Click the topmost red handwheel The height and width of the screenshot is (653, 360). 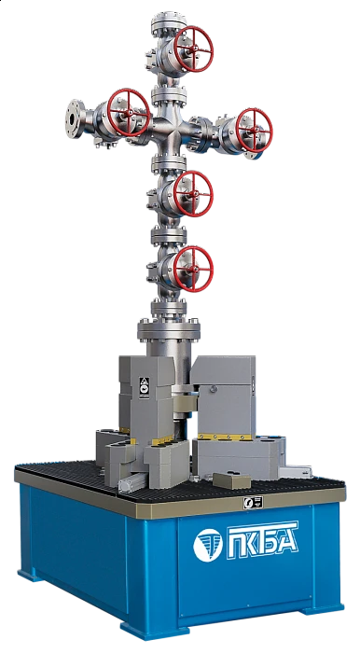[193, 49]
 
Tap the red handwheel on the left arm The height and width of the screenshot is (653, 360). [129, 113]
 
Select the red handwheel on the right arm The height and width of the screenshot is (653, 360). [254, 130]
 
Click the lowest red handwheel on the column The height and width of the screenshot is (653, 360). [193, 269]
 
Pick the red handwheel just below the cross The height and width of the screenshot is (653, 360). [193, 194]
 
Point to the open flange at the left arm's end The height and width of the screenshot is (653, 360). [75, 118]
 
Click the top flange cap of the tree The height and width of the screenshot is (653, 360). [169, 20]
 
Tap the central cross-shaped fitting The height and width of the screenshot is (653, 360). [169, 132]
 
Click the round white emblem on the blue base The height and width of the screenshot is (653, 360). [208, 546]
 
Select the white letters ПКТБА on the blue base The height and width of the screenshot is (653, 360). [262, 540]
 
